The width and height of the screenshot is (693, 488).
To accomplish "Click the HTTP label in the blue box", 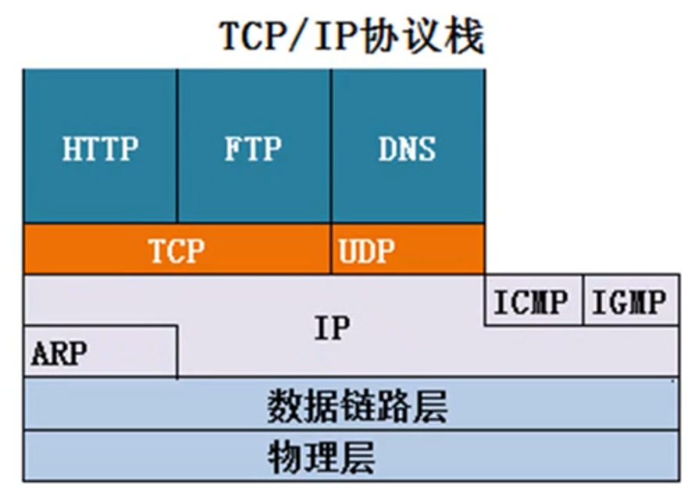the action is [x=100, y=149].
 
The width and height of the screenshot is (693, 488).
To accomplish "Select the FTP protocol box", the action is [x=253, y=146].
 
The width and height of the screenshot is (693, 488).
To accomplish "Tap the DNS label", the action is [x=407, y=149].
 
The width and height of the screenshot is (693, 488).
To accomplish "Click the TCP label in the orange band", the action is [x=177, y=250].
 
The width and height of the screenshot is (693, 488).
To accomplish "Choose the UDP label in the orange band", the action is [x=366, y=250].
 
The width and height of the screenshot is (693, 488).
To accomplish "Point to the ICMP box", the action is [x=533, y=300].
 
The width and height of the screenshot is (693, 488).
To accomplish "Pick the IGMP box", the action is [x=631, y=300].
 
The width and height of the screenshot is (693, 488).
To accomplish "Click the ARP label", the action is [x=59, y=353].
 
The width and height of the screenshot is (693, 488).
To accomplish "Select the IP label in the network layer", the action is [x=332, y=328].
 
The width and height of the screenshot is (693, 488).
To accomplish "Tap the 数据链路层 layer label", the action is [x=357, y=406].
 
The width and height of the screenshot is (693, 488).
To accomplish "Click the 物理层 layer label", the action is [x=321, y=457].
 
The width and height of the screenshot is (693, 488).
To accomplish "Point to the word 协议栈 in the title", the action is [x=423, y=36].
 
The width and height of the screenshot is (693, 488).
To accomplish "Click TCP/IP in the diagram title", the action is [x=289, y=36].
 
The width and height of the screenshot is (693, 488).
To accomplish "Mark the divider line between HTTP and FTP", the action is [x=177, y=146].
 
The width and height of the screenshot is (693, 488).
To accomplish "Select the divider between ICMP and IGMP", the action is [x=583, y=300].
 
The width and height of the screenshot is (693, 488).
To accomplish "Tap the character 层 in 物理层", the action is [x=357, y=457].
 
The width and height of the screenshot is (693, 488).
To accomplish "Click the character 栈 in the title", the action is [x=464, y=36].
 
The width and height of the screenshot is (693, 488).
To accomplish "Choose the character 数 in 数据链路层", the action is [x=285, y=406].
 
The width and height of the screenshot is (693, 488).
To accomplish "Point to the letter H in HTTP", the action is [x=72, y=149].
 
